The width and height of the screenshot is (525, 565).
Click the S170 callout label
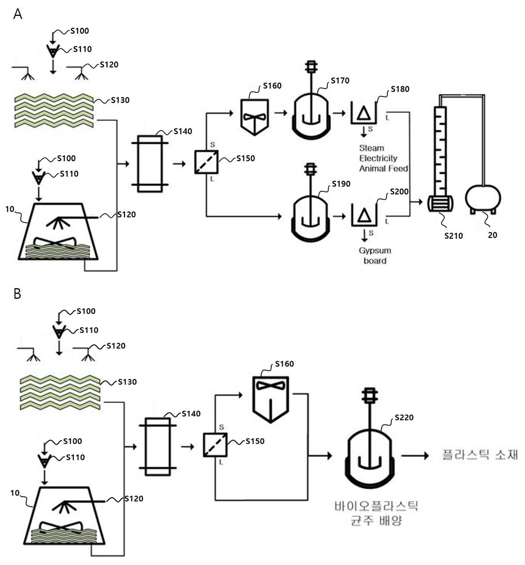(x=340, y=81)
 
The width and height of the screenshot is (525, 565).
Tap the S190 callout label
(x=341, y=184)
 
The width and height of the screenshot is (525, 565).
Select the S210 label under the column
(x=454, y=236)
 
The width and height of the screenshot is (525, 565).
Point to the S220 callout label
(x=404, y=418)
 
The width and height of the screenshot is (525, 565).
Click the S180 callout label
(x=400, y=89)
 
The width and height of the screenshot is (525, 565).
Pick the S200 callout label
(x=399, y=192)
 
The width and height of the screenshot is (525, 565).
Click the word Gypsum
(x=375, y=251)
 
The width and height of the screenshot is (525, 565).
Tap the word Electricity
(x=378, y=158)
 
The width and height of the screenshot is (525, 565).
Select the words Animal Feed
(x=383, y=169)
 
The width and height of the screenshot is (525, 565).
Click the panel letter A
(x=18, y=14)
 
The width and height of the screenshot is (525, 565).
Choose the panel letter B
(x=17, y=293)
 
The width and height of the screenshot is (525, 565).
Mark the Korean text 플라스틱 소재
(x=480, y=455)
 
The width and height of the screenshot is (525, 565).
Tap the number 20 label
(x=493, y=235)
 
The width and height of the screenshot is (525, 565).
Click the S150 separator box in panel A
(x=206, y=162)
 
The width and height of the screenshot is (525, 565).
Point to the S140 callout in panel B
(x=191, y=414)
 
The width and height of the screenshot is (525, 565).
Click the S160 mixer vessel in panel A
(x=255, y=117)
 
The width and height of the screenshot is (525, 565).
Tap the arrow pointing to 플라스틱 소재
(x=415, y=456)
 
